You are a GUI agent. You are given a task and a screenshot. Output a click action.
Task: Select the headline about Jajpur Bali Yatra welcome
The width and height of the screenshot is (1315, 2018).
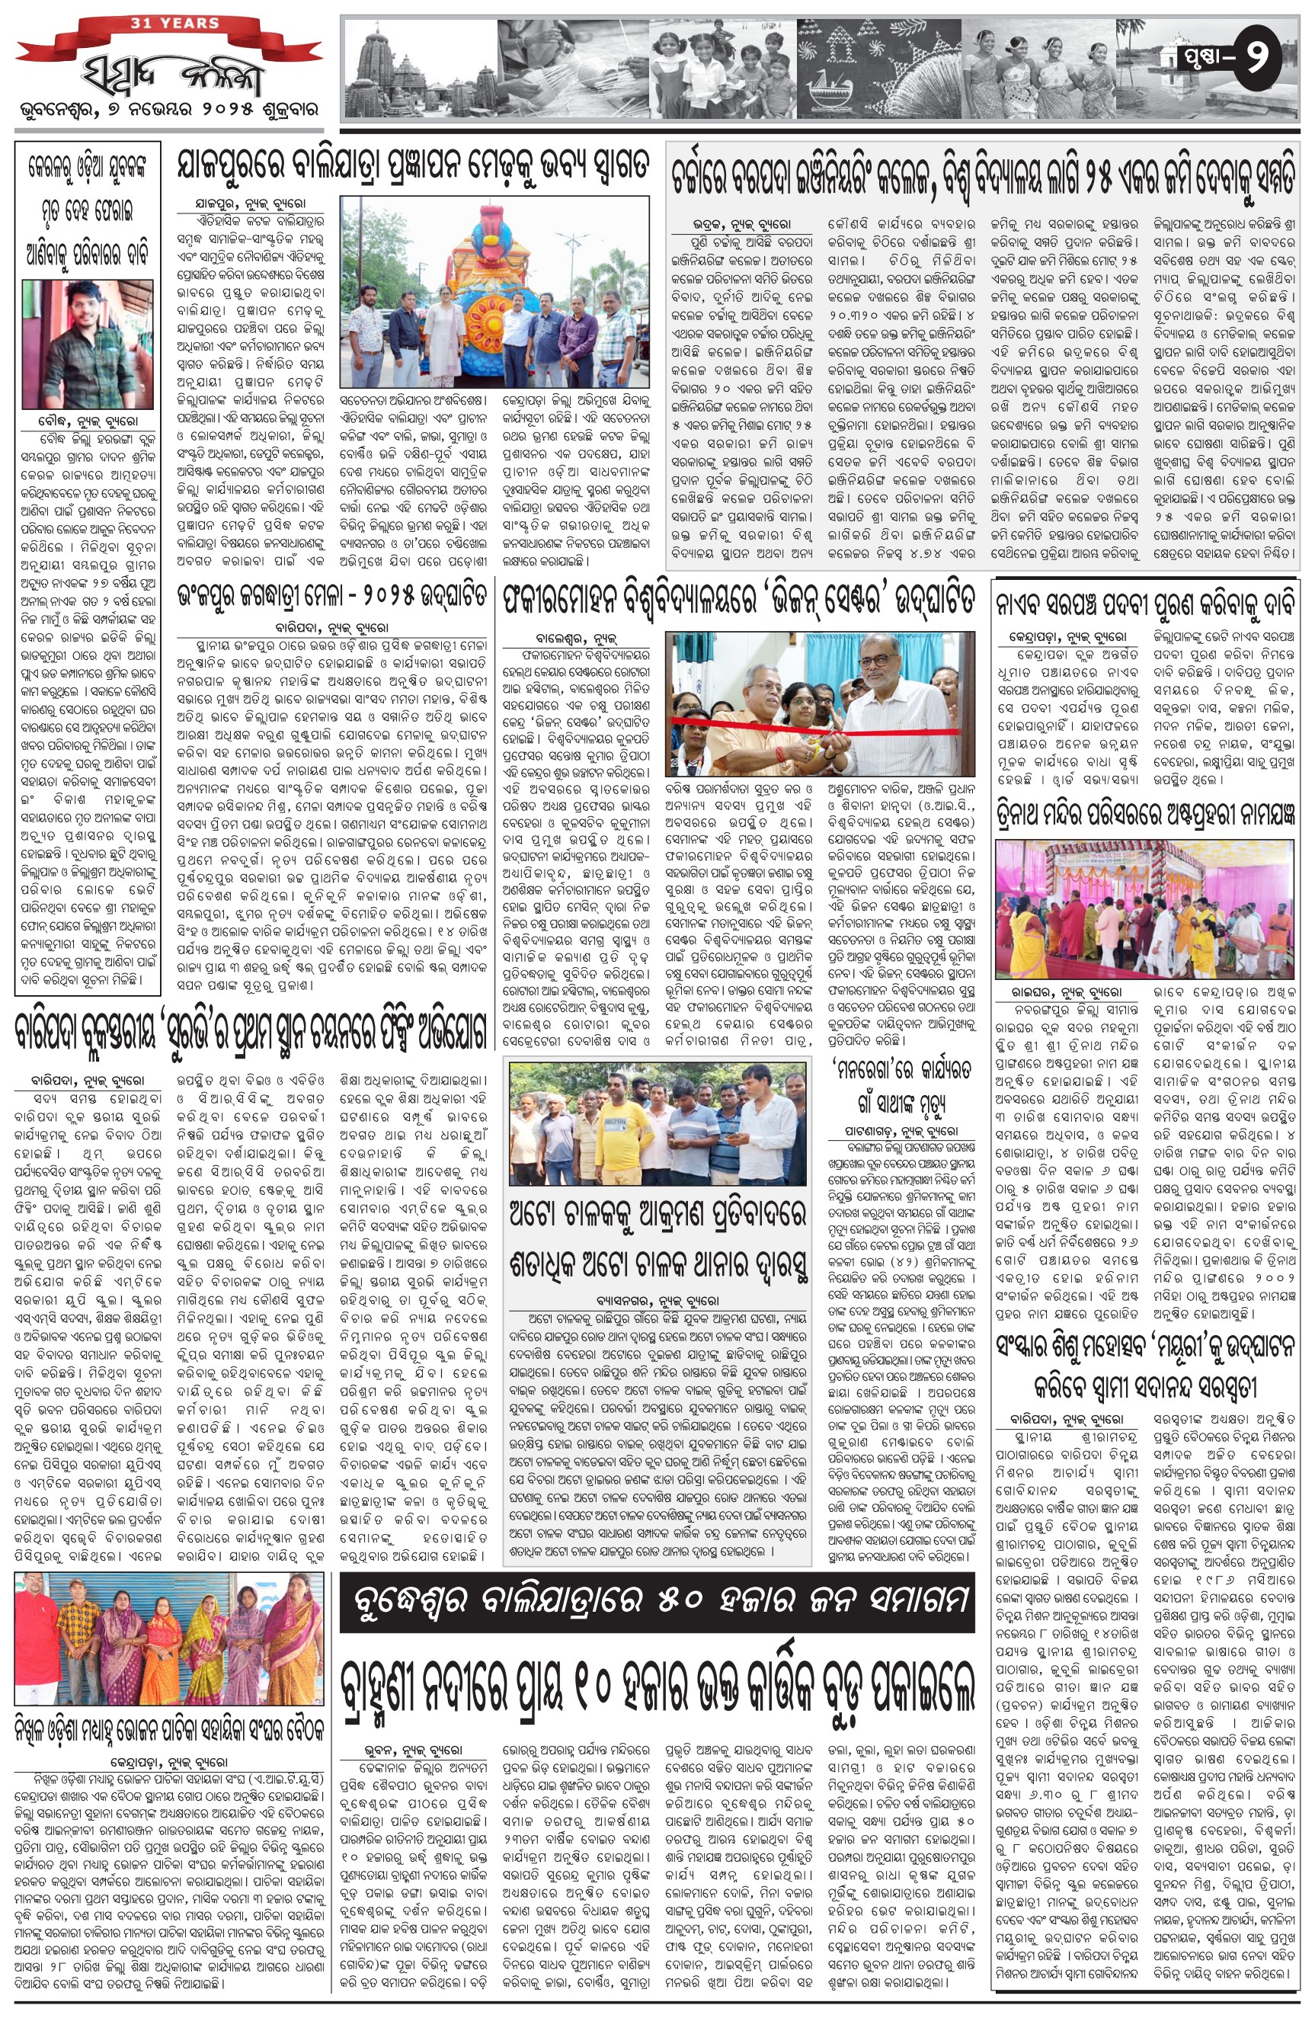[414, 163]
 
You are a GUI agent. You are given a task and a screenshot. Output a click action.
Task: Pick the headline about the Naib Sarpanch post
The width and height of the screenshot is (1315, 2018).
[1147, 603]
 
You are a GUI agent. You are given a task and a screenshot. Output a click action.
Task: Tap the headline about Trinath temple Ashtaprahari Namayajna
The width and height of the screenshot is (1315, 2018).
[1147, 815]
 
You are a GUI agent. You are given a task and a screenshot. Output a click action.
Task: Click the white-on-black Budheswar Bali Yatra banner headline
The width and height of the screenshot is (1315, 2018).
[656, 1600]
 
